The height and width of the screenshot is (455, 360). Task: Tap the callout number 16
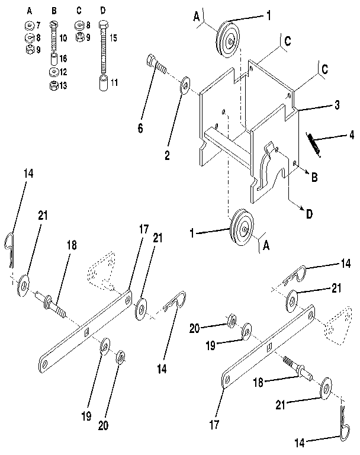click(63, 59)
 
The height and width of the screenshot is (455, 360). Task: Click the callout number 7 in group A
click(37, 26)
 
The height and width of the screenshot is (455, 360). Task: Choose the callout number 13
click(63, 86)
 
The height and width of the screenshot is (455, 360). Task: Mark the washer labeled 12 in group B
click(53, 72)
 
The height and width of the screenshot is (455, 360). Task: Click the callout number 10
click(63, 38)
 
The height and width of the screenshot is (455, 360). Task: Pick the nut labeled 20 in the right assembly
click(232, 322)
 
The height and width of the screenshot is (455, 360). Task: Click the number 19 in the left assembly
click(86, 416)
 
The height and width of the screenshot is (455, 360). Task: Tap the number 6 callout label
click(140, 128)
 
